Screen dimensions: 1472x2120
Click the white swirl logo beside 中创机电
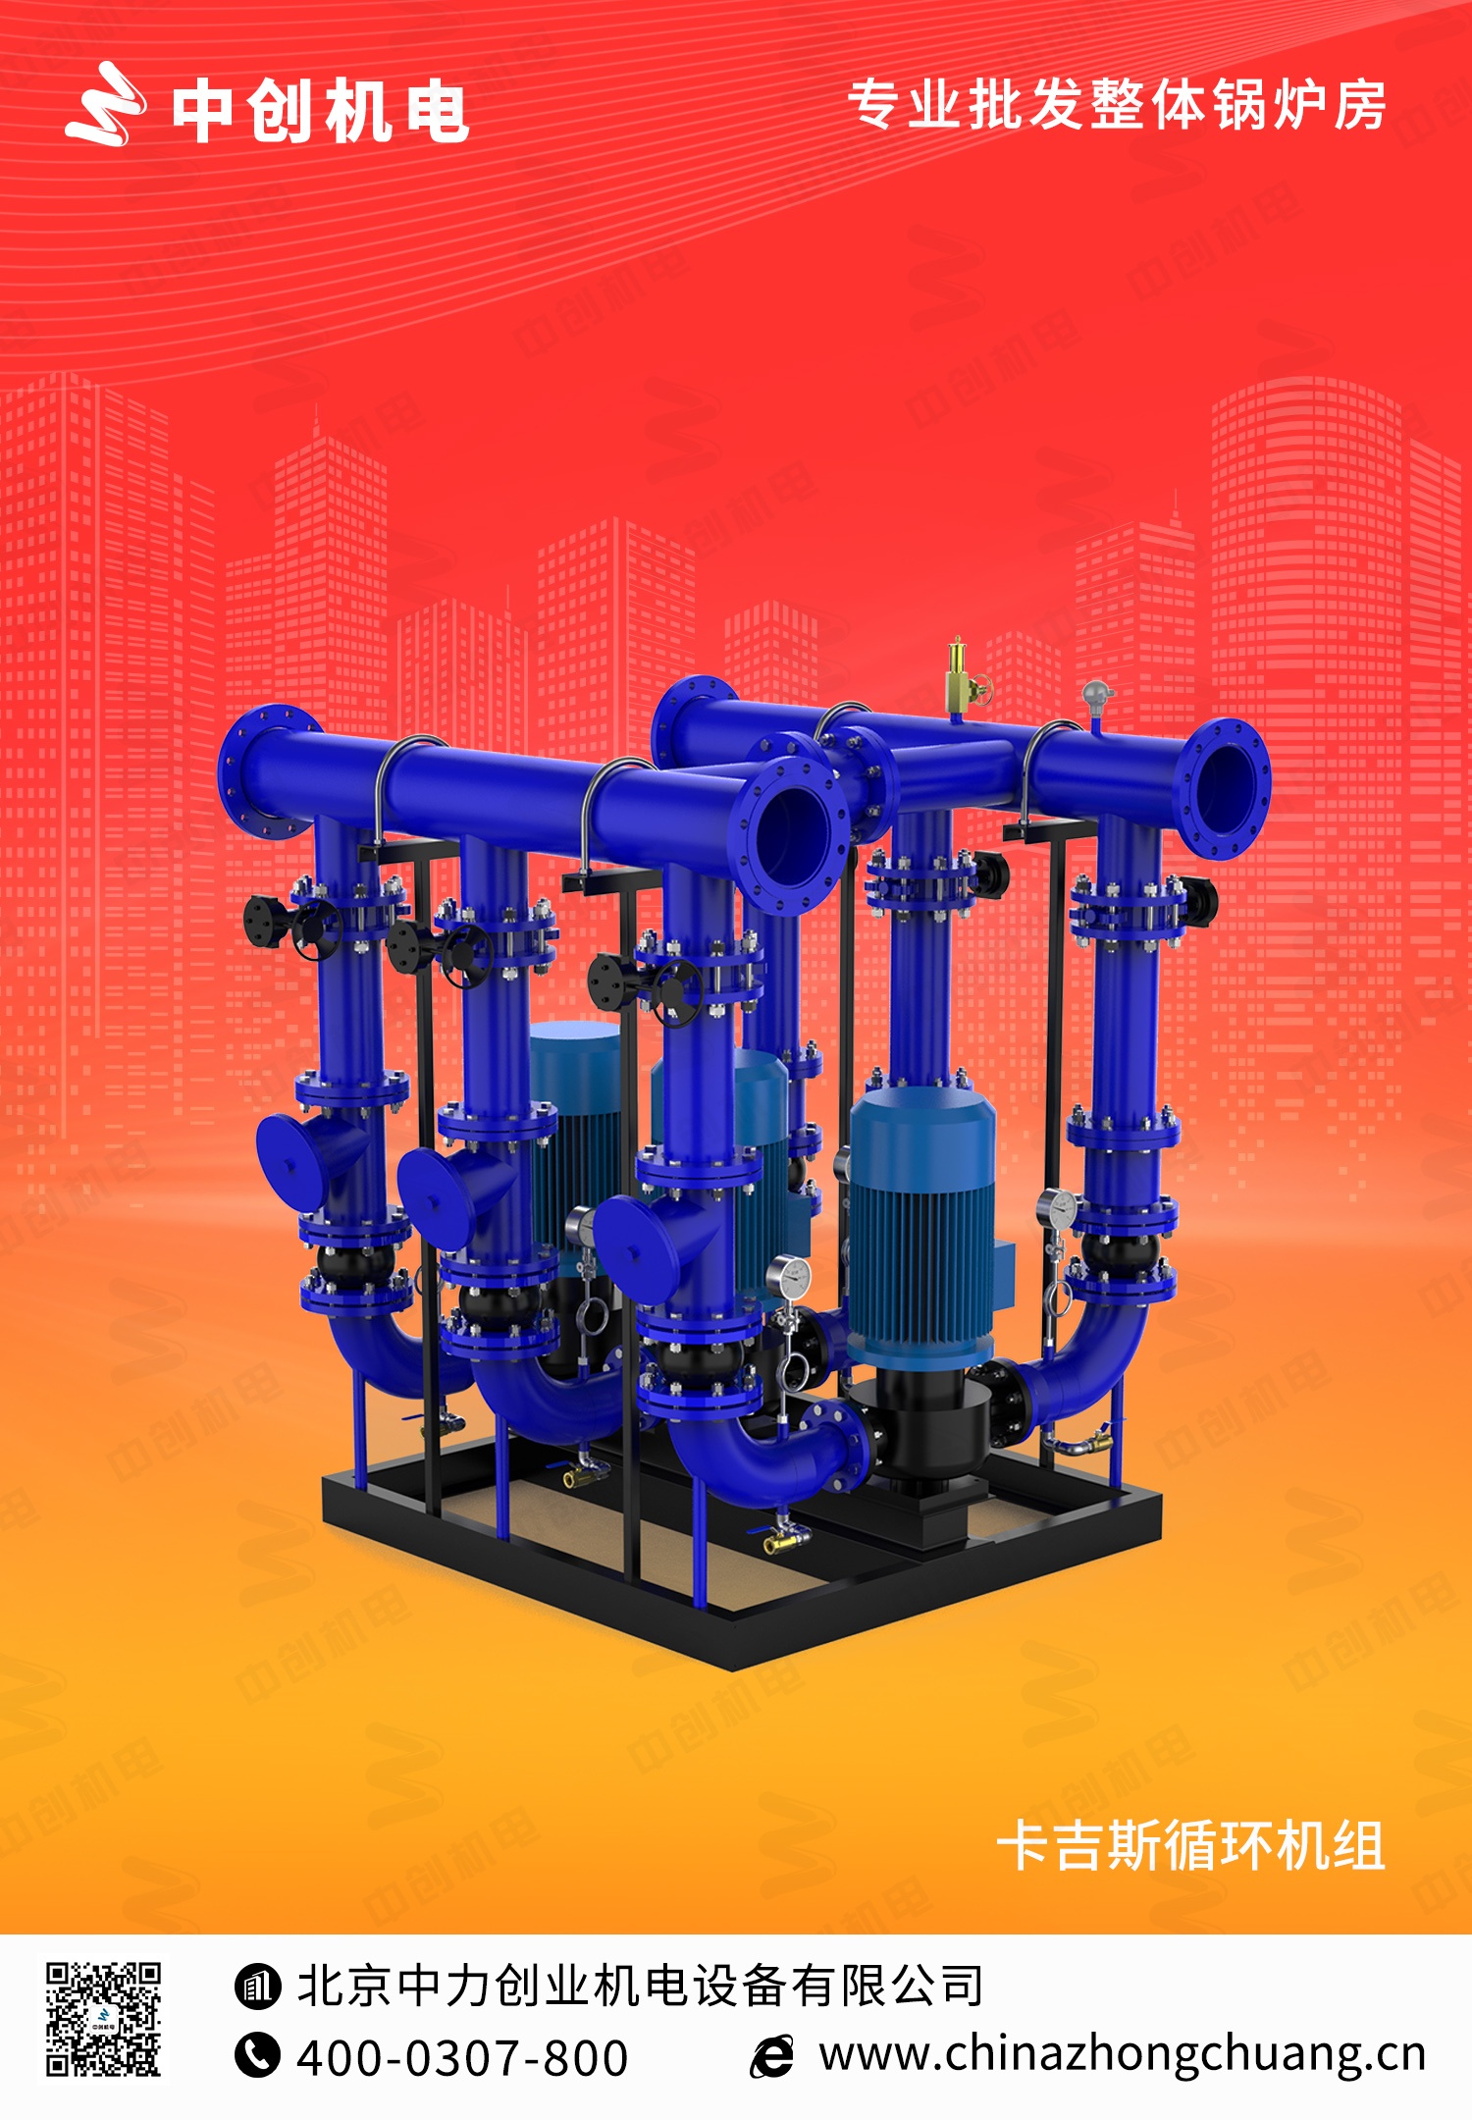(x=106, y=104)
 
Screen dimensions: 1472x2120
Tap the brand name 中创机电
(x=321, y=112)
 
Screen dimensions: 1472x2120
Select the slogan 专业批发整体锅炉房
(x=1117, y=105)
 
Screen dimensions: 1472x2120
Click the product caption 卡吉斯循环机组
(x=1190, y=1846)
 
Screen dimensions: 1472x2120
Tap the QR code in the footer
(x=104, y=2020)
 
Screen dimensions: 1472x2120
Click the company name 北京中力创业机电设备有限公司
(x=640, y=1987)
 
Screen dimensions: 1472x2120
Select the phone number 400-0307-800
(x=462, y=2058)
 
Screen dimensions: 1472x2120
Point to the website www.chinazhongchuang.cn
(x=1123, y=2055)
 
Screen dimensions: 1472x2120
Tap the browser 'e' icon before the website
(x=772, y=2056)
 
